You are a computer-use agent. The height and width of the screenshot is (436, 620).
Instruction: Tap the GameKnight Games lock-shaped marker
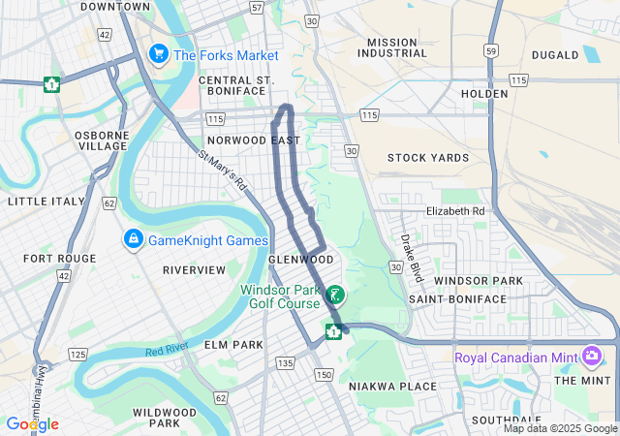click(x=132, y=238)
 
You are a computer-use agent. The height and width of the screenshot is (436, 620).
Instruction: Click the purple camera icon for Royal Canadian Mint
click(x=592, y=358)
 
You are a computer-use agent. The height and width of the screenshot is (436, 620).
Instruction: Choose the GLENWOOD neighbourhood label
click(x=300, y=260)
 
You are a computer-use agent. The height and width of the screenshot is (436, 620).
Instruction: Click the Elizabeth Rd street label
click(x=454, y=210)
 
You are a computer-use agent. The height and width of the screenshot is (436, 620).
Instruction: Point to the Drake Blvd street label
click(x=413, y=257)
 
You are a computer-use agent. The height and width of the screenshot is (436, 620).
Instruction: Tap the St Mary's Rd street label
click(x=224, y=171)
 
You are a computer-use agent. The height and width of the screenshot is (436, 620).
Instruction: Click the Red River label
click(x=166, y=350)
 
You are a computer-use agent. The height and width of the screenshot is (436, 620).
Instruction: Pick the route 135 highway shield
click(x=284, y=362)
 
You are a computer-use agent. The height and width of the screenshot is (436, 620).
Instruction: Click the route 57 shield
click(x=256, y=7)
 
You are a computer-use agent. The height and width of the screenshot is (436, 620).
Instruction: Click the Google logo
click(x=32, y=424)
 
